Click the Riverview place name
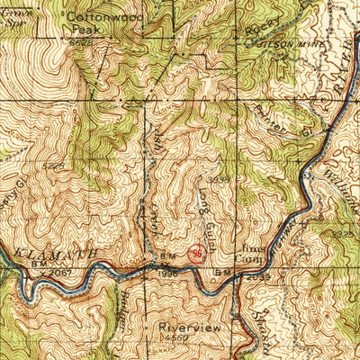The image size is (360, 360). click(188, 328)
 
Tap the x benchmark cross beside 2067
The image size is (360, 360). click(40, 271)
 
